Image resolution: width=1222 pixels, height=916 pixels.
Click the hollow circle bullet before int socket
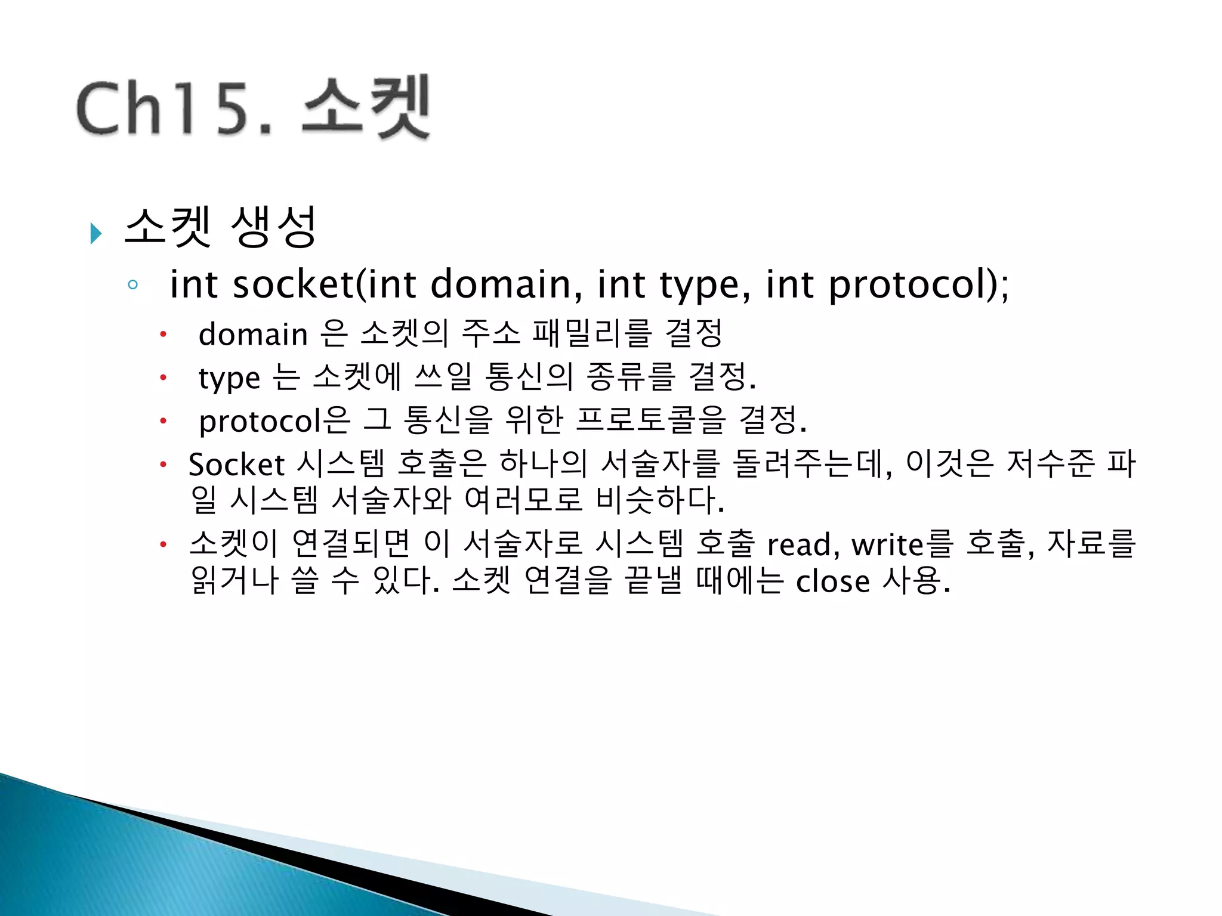pyautogui.click(x=132, y=284)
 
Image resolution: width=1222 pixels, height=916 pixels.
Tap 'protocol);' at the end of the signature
pyautogui.click(x=919, y=285)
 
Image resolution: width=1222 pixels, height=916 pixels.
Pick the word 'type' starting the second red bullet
pyautogui.click(x=229, y=378)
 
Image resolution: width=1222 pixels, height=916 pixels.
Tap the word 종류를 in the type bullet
pyautogui.click(x=631, y=377)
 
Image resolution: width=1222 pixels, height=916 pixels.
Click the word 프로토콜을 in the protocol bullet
pyautogui.click(x=651, y=420)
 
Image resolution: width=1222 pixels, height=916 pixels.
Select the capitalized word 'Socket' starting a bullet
pyautogui.click(x=236, y=465)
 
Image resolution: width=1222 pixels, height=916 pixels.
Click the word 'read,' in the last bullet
pyautogui.click(x=803, y=544)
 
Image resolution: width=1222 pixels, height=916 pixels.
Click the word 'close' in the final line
pyautogui.click(x=832, y=581)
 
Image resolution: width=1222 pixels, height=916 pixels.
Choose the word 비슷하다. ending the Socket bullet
pyautogui.click(x=660, y=500)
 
